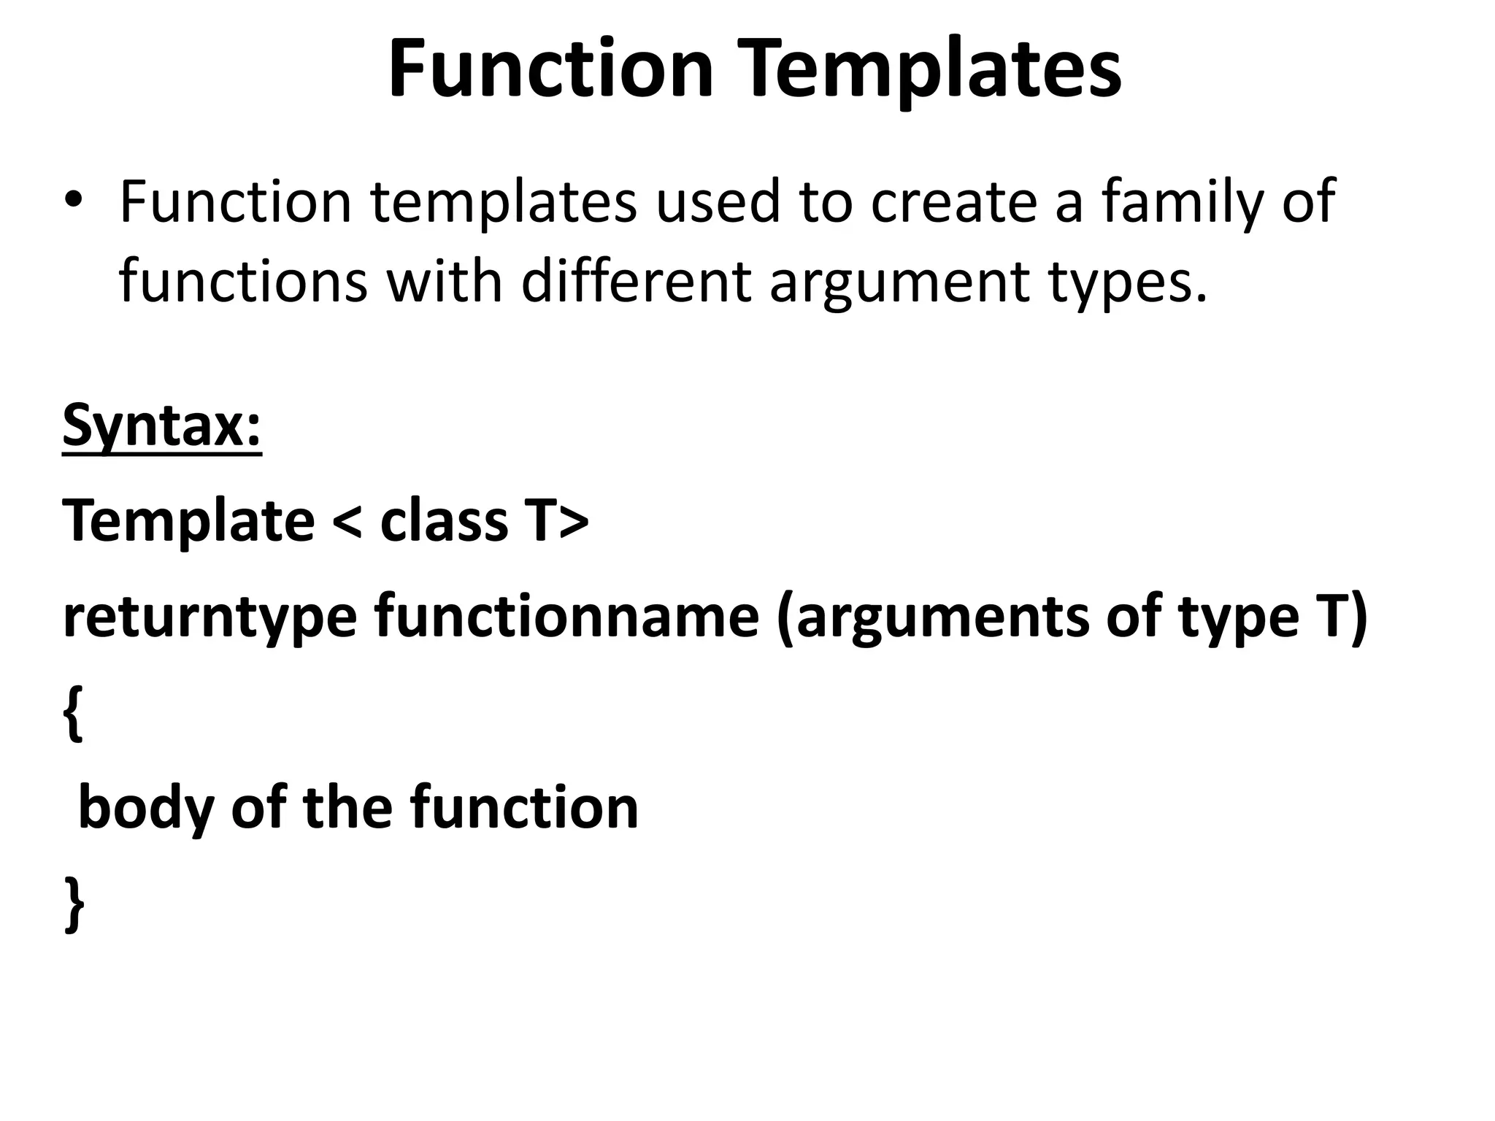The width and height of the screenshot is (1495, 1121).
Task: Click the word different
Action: tap(636, 281)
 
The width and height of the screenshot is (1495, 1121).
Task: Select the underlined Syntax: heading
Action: tap(162, 427)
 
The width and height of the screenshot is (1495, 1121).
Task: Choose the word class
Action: tap(444, 521)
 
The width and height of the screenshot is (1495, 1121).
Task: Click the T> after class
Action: tap(561, 521)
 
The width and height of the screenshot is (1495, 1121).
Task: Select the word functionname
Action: tap(566, 617)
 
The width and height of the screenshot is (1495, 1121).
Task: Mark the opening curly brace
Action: tap(73, 714)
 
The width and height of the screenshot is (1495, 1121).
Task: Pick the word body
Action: tap(145, 809)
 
